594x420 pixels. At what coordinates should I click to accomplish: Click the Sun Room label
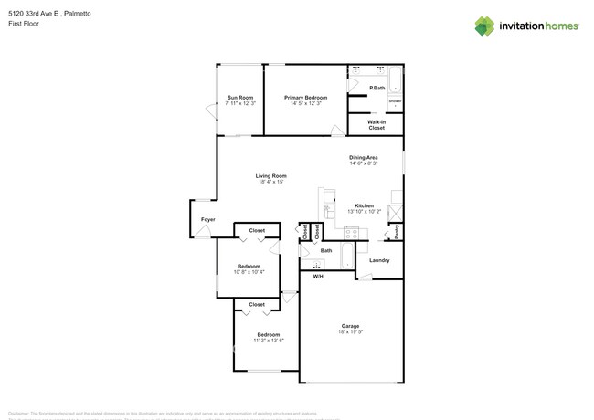[239, 97]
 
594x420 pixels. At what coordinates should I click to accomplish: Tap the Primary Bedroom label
[305, 97]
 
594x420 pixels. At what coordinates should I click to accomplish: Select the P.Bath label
[376, 88]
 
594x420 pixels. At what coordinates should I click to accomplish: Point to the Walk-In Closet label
[377, 124]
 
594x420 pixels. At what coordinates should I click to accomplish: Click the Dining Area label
[364, 157]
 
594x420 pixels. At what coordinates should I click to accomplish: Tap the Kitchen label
[364, 205]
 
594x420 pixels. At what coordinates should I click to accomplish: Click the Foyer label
[208, 219]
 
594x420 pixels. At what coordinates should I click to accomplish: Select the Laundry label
[379, 260]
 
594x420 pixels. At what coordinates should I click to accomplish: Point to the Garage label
[350, 326]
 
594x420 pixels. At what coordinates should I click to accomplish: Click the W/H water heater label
[318, 276]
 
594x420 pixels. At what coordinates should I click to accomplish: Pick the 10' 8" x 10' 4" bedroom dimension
[249, 271]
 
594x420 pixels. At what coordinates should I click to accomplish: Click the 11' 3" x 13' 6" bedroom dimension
[268, 340]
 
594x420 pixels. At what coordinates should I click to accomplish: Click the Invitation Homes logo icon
[486, 26]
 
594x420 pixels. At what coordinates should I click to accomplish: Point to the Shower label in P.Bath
[396, 100]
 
